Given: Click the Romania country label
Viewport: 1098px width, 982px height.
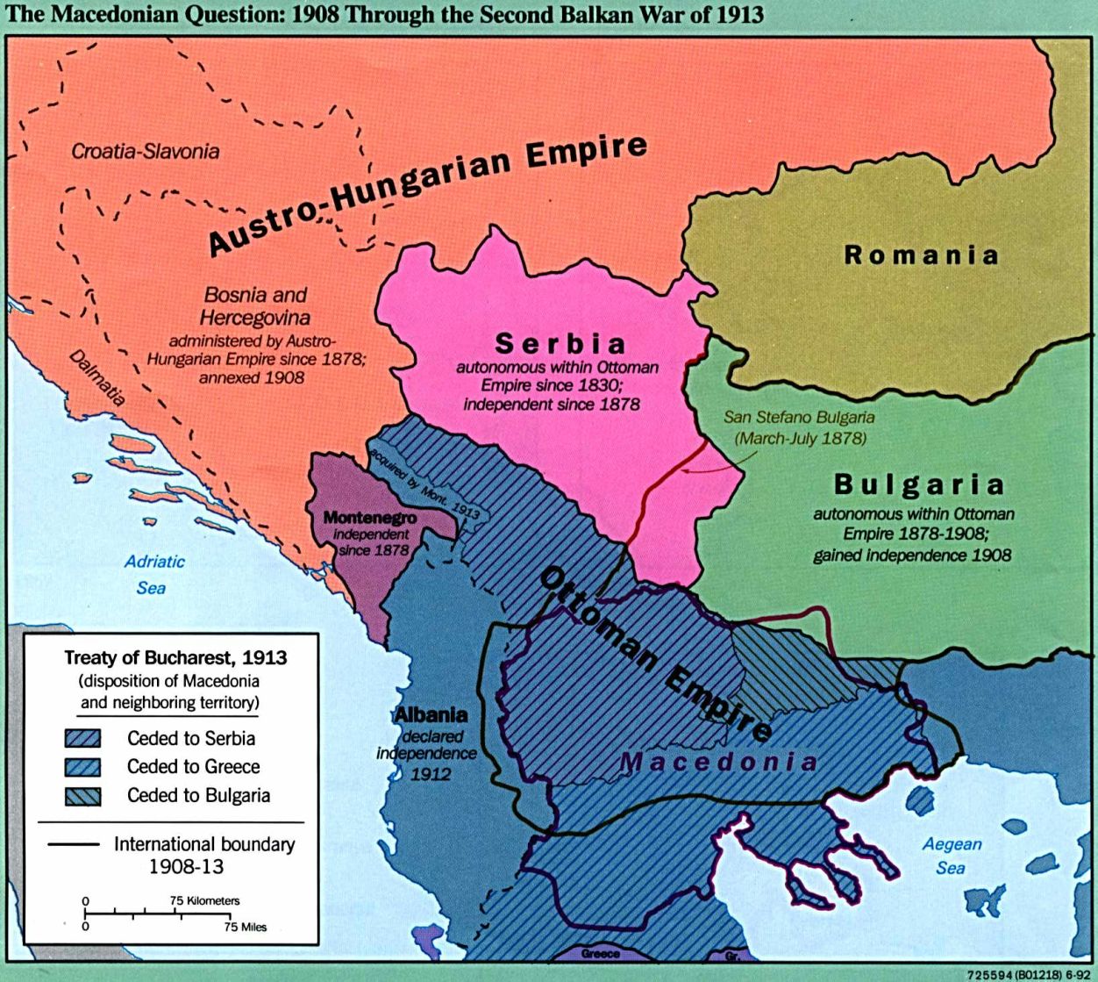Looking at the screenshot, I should (x=921, y=255).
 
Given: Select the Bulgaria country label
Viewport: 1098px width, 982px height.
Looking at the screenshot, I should (x=918, y=484).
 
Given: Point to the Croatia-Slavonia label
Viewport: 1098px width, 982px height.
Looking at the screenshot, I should (x=146, y=151).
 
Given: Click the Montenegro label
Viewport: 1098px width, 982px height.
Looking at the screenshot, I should (x=369, y=518).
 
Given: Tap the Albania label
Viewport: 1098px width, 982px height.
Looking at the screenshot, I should (x=431, y=715).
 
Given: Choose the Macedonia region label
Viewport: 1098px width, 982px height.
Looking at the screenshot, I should (x=719, y=761).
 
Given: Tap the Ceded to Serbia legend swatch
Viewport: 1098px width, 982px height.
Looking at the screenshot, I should (x=82, y=739).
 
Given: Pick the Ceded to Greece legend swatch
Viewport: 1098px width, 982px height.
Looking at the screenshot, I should (x=82, y=767).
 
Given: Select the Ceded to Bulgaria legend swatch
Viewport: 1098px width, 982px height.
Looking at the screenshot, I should (x=82, y=796).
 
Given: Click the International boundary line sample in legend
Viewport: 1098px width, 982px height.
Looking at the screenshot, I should (x=70, y=844).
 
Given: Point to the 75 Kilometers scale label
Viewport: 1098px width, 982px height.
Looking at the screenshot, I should (x=204, y=900).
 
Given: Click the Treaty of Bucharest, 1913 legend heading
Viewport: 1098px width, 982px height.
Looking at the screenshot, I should (x=175, y=657).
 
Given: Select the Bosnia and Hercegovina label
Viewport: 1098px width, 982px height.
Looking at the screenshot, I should (x=254, y=305).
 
